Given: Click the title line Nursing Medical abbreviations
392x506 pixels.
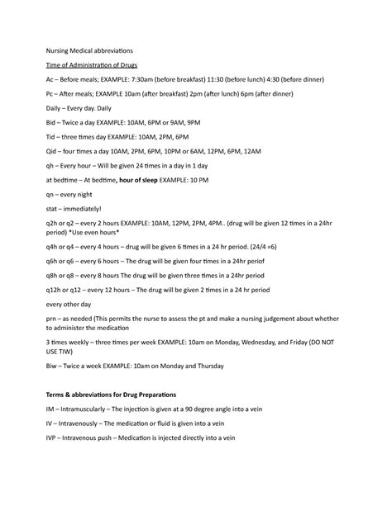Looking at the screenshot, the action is tap(94, 50).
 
